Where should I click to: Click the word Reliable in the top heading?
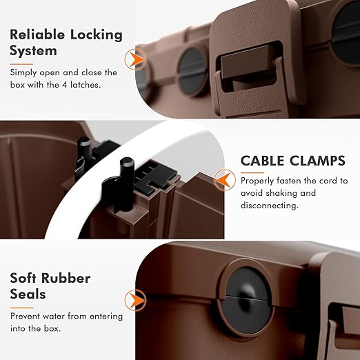[37, 34]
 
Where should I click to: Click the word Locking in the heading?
[97, 35]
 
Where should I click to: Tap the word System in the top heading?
[33, 51]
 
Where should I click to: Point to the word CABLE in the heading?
[262, 161]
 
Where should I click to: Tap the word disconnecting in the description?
[270, 206]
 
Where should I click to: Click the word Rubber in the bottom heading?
[66, 278]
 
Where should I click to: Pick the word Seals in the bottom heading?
[28, 294]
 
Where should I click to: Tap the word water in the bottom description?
[54, 317]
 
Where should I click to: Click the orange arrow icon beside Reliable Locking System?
[136, 60]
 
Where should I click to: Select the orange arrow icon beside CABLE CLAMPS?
[224, 180]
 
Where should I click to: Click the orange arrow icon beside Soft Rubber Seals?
[136, 300]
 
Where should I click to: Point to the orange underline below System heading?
[21, 64]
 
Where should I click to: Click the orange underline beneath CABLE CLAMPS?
[252, 172]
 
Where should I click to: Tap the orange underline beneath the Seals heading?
[22, 308]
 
